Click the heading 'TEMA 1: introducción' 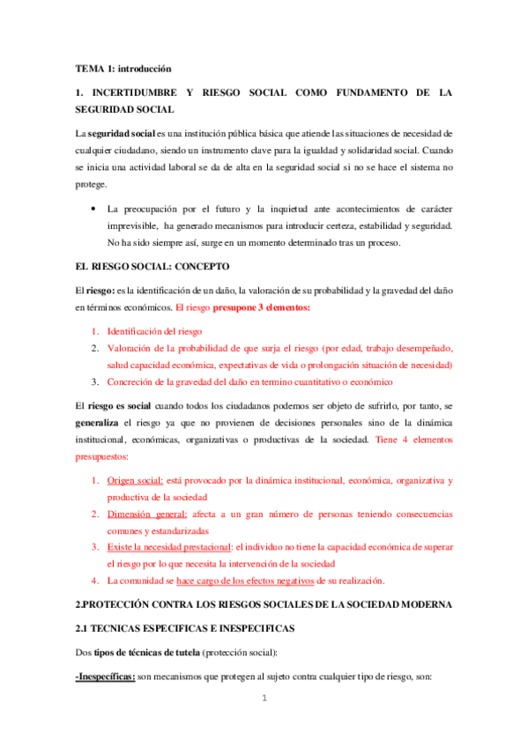point(123,68)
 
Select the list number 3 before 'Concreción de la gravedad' point(95,381)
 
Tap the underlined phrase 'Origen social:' point(134,481)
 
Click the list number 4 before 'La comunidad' point(95,581)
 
